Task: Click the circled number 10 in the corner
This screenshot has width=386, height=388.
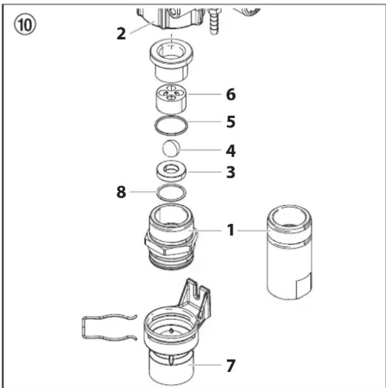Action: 24,25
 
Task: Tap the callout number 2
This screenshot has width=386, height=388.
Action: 121,34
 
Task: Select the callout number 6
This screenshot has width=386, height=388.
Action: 231,95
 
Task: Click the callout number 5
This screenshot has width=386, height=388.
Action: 231,122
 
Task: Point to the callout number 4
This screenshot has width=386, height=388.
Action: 231,151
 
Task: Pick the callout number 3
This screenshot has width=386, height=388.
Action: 231,172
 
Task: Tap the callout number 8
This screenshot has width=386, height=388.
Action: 121,192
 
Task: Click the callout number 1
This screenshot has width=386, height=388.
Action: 231,230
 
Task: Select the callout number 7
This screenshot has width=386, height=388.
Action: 231,366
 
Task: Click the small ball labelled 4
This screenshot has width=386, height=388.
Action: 171,148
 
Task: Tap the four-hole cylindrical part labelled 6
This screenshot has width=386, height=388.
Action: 171,99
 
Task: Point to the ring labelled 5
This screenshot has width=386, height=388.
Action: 171,117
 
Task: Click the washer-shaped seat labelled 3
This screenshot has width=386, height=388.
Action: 171,172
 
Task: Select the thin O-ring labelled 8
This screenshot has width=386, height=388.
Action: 171,185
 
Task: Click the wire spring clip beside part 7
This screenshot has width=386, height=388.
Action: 84,327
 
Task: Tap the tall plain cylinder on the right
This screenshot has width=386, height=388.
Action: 289,252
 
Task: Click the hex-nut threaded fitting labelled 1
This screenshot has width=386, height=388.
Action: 171,237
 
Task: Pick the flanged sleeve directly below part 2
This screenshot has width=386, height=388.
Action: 171,60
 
